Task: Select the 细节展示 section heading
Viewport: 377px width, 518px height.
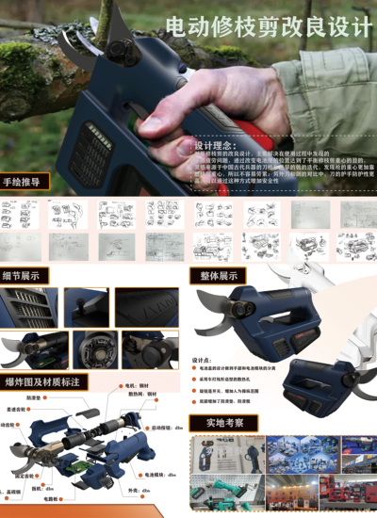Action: point(27,276)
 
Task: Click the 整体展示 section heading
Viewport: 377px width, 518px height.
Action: point(219,276)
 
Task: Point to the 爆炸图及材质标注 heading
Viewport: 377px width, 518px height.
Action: point(41,381)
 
